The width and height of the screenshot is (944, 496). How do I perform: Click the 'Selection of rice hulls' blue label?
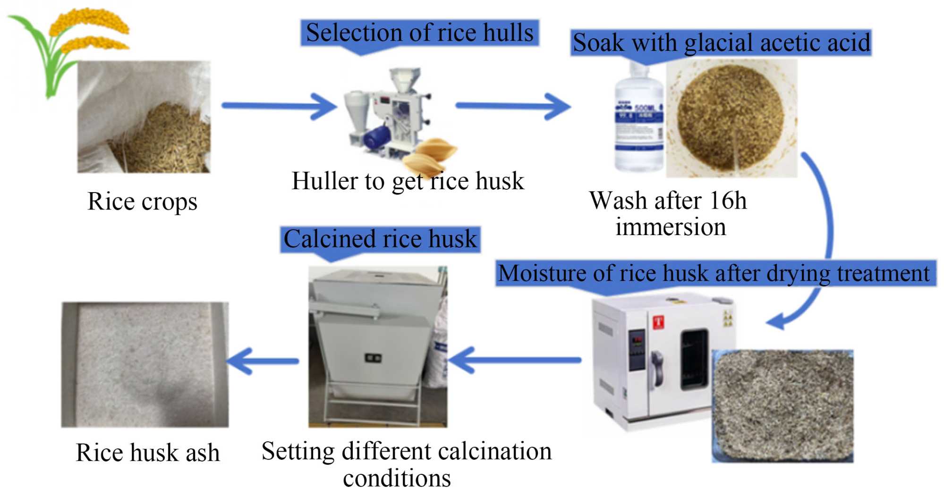[419, 33]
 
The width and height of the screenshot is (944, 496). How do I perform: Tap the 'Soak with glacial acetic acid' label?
[721, 43]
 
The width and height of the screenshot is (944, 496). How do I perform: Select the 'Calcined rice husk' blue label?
[380, 239]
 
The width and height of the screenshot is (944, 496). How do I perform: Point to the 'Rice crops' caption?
[142, 202]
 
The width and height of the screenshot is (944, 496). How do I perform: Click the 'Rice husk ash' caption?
[147, 453]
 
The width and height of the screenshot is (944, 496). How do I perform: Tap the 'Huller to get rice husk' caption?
[408, 181]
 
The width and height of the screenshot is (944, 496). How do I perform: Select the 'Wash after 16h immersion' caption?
[669, 213]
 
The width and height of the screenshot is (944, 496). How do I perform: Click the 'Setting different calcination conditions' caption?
[406, 464]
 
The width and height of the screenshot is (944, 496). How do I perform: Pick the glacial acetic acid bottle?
[639, 120]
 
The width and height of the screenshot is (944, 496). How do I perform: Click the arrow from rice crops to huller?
[279, 106]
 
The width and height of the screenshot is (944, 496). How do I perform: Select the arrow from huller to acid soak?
[512, 106]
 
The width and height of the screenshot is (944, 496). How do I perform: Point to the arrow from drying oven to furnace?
[515, 361]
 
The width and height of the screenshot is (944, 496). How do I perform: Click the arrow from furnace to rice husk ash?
[263, 361]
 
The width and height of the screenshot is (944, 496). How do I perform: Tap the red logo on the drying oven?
[658, 323]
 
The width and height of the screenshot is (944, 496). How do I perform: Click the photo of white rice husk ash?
[145, 365]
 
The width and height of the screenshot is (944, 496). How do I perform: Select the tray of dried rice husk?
[782, 406]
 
